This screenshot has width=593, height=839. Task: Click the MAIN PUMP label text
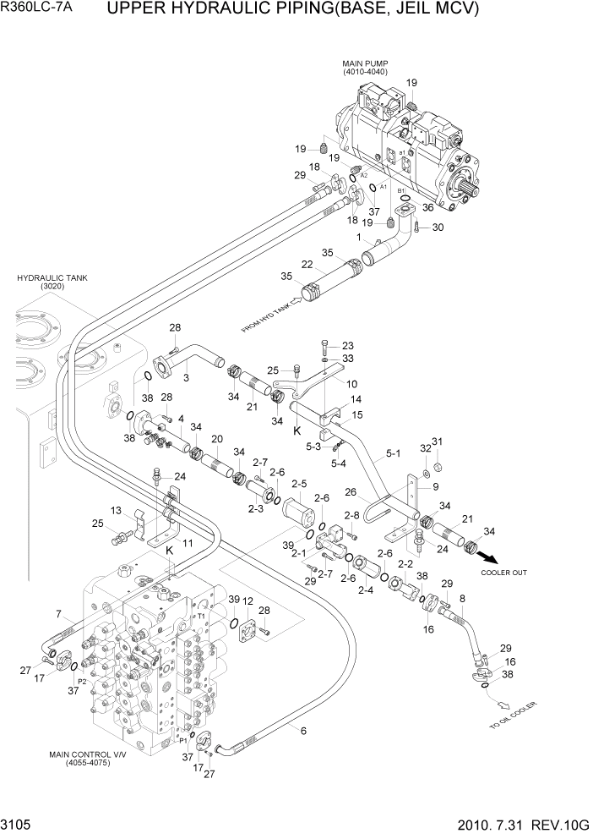[364, 63]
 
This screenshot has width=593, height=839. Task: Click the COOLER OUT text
[503, 573]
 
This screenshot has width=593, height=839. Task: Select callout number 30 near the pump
[437, 227]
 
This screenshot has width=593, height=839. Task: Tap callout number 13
[117, 510]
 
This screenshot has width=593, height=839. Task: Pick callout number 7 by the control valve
[57, 614]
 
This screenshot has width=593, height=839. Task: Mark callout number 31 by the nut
[438, 441]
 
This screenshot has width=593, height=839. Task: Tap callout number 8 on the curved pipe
[462, 599]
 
